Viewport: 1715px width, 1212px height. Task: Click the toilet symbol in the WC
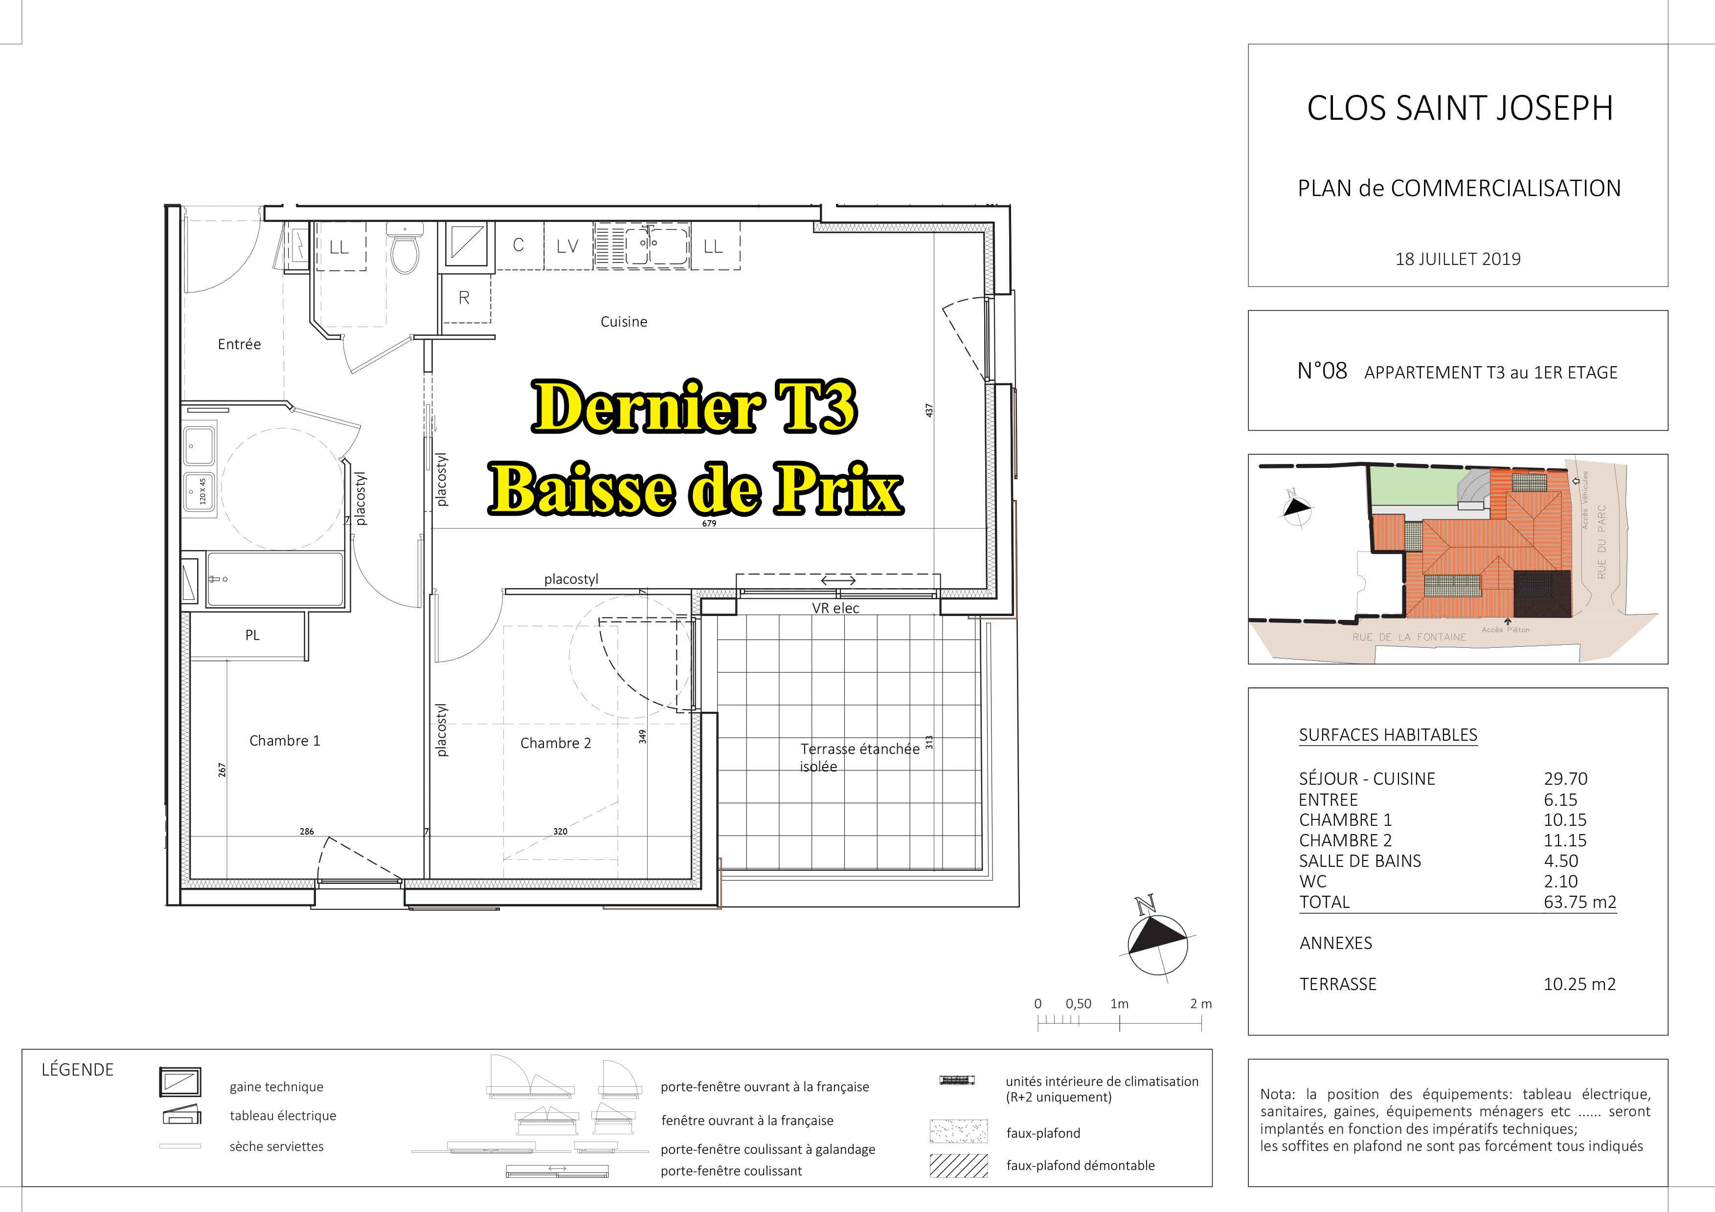405,251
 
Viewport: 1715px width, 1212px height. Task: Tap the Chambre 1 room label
285,741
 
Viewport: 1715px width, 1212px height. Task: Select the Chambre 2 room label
556,743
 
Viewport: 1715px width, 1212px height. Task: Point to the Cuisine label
624,322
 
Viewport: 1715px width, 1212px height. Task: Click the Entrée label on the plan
239,344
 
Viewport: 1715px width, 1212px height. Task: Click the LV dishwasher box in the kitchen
568,246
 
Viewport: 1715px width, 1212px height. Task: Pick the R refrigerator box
465,298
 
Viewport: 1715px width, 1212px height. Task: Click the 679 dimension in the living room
709,524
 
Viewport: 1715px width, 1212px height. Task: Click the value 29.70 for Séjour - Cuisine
1566,779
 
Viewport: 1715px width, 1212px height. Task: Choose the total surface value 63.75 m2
1580,902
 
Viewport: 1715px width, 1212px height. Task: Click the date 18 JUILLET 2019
1458,259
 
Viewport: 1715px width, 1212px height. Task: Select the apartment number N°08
1322,371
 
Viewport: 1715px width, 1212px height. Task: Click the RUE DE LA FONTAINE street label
1409,637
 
